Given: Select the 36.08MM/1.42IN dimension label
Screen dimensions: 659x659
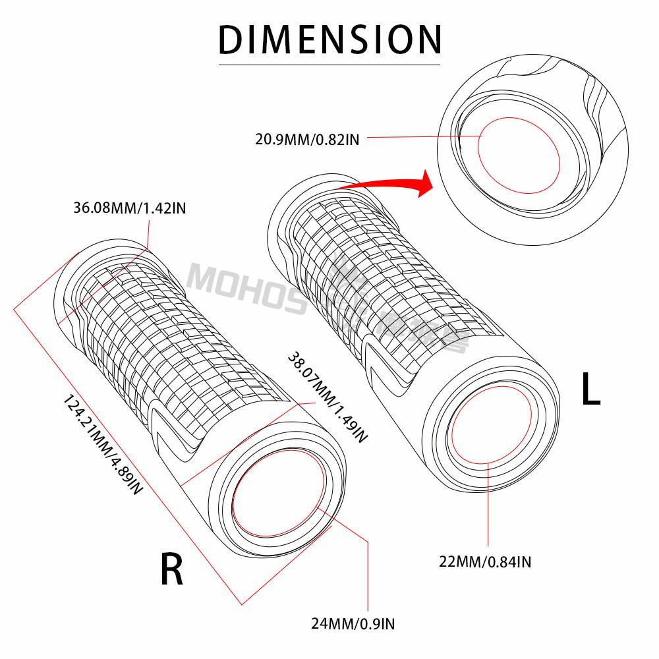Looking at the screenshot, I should (130, 209).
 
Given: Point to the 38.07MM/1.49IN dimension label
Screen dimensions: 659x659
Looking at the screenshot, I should (327, 397).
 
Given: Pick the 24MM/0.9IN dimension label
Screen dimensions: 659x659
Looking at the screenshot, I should (353, 622).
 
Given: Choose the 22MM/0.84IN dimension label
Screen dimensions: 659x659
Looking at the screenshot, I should (486, 561).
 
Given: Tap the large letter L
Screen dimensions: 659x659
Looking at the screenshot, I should (590, 389).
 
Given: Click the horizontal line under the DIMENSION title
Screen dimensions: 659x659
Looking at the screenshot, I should (329, 65).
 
